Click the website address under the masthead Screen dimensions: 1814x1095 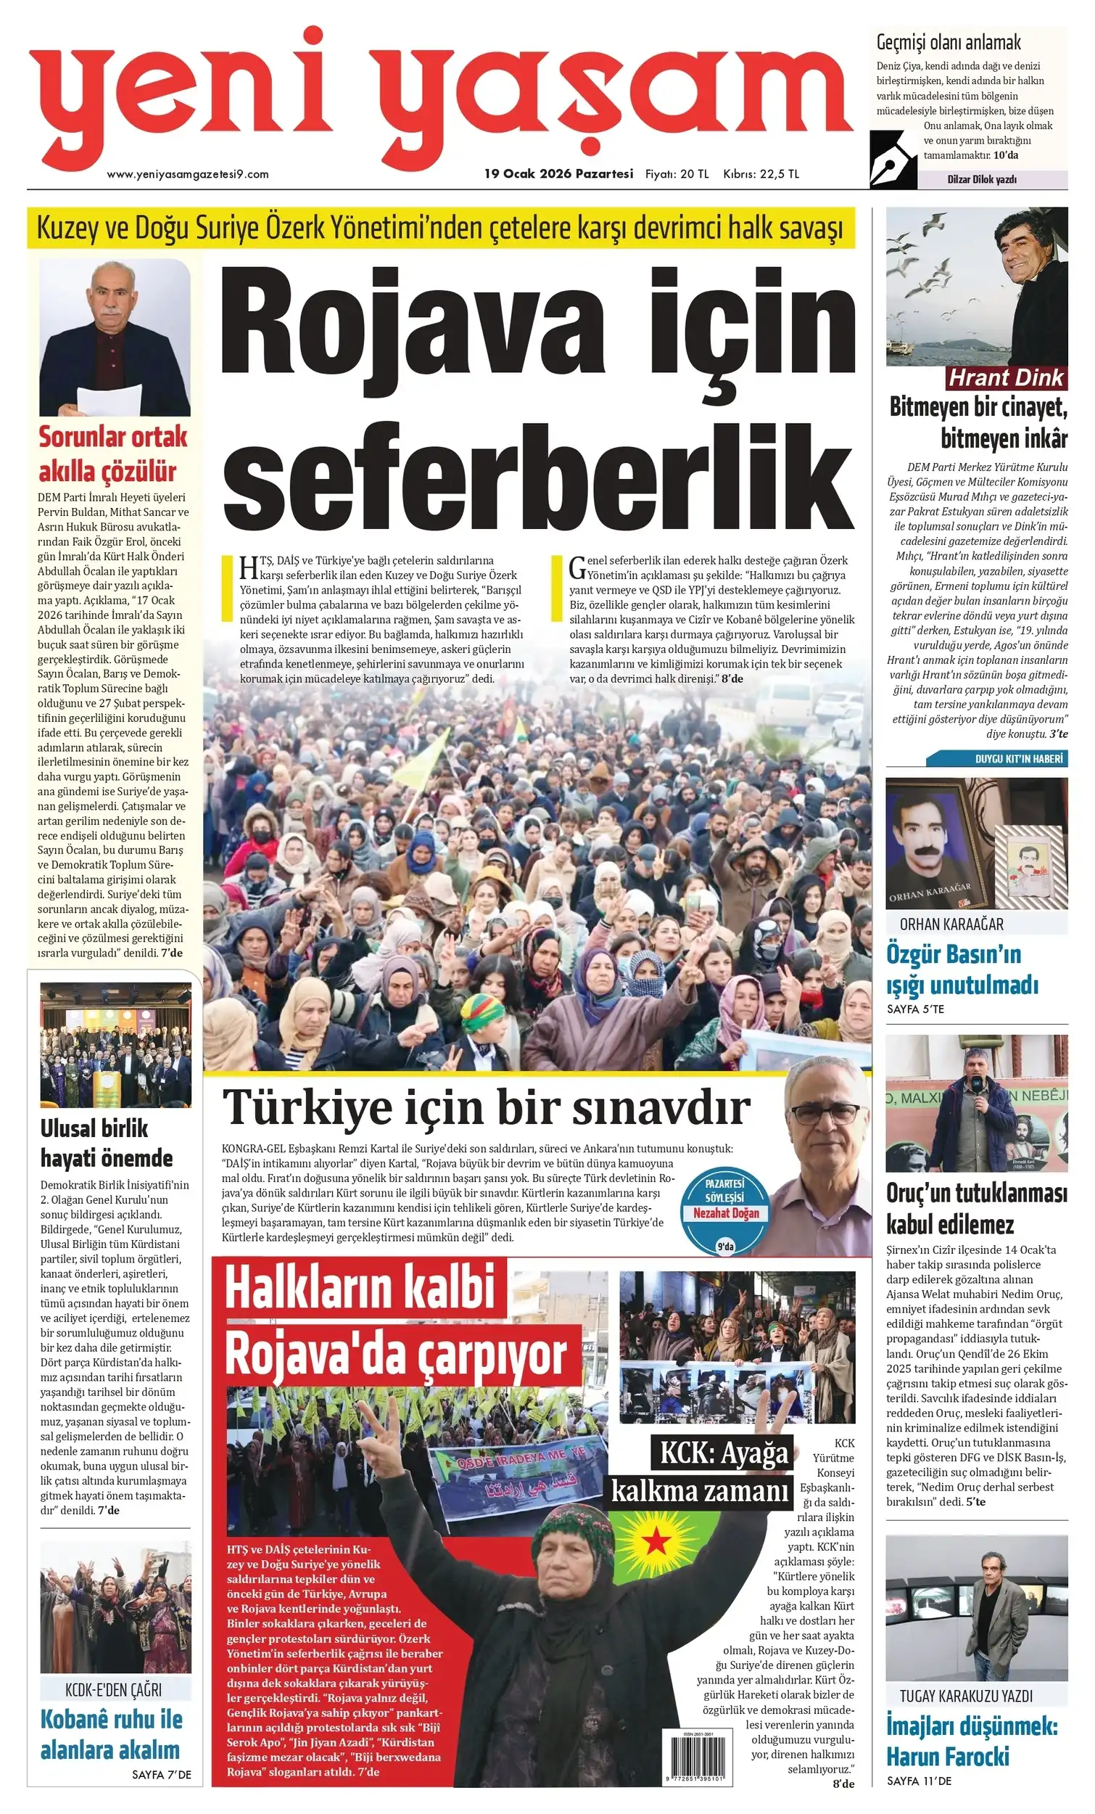pos(188,174)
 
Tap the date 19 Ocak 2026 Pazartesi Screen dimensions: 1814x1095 pos(558,173)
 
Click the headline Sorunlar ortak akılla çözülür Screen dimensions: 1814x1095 pos(112,453)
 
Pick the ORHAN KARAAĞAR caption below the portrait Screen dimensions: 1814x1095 pos(951,924)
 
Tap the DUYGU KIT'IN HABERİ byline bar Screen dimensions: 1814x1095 pos(1018,759)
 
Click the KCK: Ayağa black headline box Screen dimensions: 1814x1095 pos(724,1453)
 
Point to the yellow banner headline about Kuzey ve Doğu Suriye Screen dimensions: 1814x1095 pos(440,229)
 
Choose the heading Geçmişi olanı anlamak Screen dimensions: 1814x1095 pos(948,42)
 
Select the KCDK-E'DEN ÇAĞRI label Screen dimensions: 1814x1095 pos(113,1691)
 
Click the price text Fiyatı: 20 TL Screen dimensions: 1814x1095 pos(677,174)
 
